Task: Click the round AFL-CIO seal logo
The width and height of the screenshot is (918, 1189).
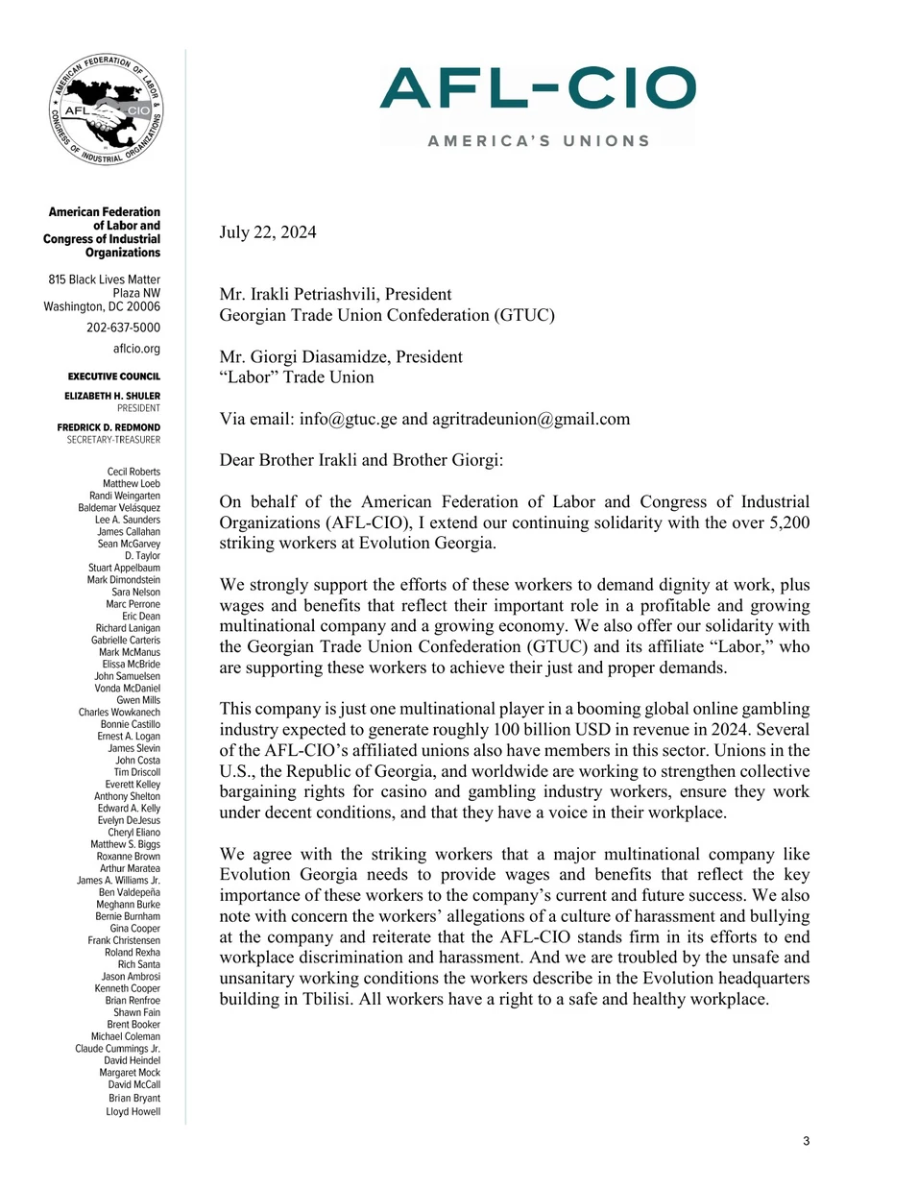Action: [107, 109]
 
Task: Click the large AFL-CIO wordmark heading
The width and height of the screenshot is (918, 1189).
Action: [538, 88]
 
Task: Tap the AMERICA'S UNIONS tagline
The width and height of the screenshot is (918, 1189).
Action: [539, 141]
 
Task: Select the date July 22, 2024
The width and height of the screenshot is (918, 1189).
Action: [268, 232]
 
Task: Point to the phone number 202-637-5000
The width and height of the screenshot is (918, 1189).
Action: [123, 328]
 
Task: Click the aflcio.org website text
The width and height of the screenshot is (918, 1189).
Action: [136, 350]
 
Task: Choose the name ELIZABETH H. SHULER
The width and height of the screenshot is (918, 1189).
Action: [112, 396]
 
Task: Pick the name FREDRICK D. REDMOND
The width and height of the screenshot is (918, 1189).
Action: [109, 427]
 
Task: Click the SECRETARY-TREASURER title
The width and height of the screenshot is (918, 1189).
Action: [113, 440]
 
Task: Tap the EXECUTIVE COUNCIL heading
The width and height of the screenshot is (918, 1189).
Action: [114, 376]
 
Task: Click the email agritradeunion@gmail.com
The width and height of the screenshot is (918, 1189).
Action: [531, 419]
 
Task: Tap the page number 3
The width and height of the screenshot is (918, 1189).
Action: [807, 1141]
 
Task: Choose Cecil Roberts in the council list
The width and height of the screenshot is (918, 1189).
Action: [133, 472]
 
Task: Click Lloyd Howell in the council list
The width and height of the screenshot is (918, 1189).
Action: [133, 1111]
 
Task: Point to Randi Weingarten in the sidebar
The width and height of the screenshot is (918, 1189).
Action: [125, 496]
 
